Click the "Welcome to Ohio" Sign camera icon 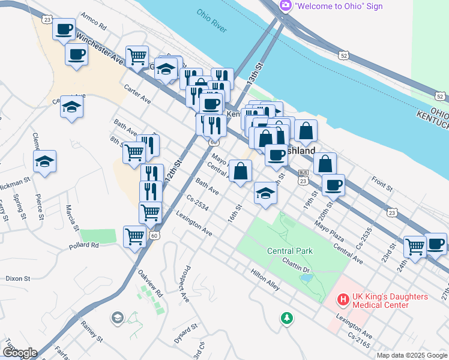286,6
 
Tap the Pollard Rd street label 83,245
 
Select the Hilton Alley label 265,280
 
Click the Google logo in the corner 20,353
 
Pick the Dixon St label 17,278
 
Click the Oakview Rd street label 150,284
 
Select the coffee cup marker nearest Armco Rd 64,29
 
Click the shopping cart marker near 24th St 415,246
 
